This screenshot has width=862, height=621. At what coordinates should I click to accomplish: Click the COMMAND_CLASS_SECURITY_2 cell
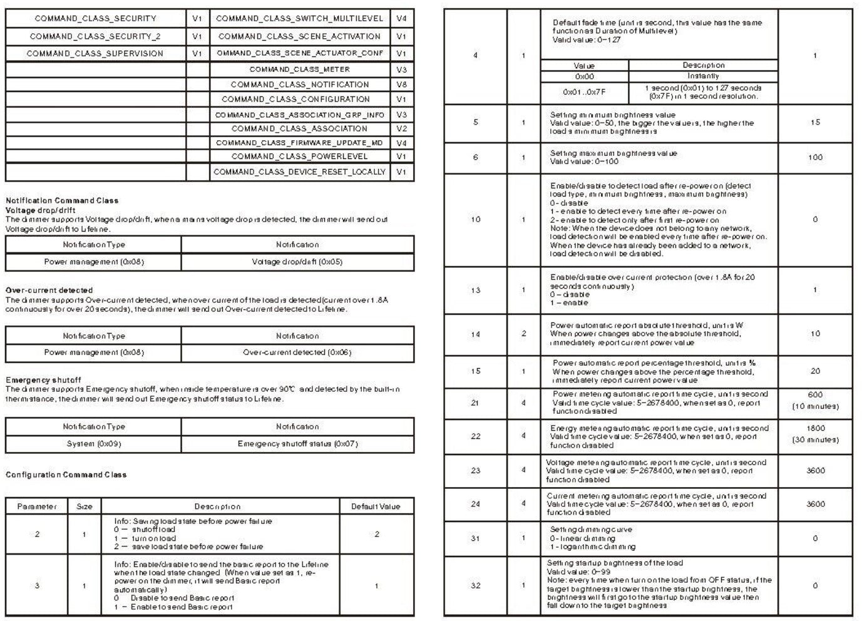[x=95, y=36]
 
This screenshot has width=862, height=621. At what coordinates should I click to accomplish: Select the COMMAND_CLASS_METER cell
[x=299, y=69]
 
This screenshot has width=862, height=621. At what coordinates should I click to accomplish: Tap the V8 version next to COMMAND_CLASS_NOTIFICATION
[x=401, y=85]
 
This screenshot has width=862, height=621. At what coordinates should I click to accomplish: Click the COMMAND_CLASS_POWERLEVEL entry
[x=299, y=157]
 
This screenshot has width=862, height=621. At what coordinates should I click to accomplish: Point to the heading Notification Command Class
[x=61, y=200]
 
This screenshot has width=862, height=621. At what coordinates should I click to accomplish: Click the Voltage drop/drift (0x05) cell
[x=297, y=262]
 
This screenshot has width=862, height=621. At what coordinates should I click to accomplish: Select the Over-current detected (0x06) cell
[x=297, y=352]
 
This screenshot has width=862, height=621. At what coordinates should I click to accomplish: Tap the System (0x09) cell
[x=94, y=444]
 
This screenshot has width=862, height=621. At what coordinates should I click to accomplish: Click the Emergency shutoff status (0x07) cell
[x=297, y=444]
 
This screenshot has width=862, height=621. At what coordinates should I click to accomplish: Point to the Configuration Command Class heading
[x=66, y=475]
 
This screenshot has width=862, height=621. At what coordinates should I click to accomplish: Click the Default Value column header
[x=376, y=506]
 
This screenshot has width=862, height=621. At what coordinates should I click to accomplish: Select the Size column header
[x=85, y=506]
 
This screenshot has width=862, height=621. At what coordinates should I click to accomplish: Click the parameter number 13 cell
[x=476, y=290]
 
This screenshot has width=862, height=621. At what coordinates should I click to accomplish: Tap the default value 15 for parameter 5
[x=815, y=123]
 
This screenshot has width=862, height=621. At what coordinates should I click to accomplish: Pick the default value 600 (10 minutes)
[x=815, y=401]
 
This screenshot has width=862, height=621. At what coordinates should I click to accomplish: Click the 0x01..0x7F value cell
[x=584, y=92]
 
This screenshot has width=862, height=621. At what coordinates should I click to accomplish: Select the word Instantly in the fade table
[x=703, y=76]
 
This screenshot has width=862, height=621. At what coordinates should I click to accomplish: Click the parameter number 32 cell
[x=476, y=586]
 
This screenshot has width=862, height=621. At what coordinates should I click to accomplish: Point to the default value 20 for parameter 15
[x=815, y=371]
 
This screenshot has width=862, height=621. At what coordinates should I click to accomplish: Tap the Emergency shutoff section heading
[x=43, y=380]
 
